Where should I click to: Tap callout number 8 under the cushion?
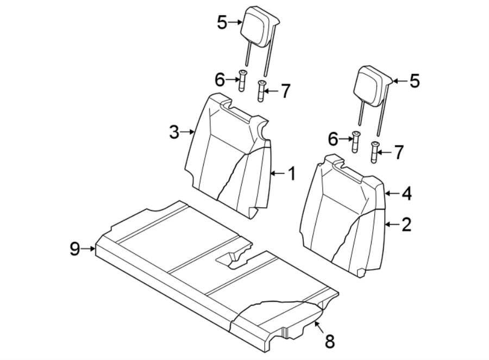click(329, 342)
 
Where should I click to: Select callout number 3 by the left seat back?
click(174, 132)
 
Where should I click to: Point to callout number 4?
click(406, 193)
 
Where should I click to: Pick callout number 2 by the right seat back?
click(406, 224)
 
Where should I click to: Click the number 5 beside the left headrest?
click(221, 22)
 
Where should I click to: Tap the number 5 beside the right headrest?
click(415, 82)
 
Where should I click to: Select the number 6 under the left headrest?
click(220, 80)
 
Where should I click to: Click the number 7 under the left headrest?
click(286, 91)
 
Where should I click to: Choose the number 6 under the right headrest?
click(333, 140)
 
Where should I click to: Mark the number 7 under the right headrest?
click(399, 152)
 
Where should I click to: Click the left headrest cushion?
click(259, 26)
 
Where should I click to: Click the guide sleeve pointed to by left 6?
click(242, 82)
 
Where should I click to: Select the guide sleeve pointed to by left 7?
click(261, 91)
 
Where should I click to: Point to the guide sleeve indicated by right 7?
click(374, 153)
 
